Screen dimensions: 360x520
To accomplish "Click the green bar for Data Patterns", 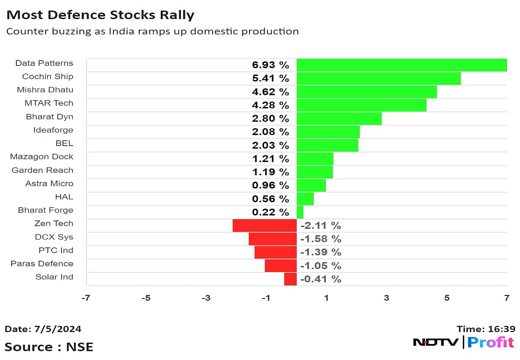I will pos(401,65).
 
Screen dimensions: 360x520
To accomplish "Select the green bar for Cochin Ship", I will pos(378,78).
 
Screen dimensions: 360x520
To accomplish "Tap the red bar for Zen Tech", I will pos(264,225).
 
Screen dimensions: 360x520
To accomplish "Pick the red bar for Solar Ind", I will pos(290,279).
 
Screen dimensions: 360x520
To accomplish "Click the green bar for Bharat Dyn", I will pos(339,119).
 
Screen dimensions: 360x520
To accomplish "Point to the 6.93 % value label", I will pos(270,65).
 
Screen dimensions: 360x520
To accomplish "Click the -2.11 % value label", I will pos(320,225).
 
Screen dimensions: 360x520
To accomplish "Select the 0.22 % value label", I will pos(270,212).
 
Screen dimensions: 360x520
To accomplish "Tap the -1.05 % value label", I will pos(320,266).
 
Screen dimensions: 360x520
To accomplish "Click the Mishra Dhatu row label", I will pos(45,90).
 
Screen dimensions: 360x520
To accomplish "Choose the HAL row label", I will pos(64,197).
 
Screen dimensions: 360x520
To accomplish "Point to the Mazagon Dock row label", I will pos(42,156).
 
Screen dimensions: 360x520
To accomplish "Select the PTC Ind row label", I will pos(56,250).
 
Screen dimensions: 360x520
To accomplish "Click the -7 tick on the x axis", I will pos(87,298).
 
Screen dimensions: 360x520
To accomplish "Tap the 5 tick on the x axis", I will pos(446,298).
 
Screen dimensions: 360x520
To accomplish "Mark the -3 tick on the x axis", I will pos(206,298).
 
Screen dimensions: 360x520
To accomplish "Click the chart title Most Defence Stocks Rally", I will pos(100,15).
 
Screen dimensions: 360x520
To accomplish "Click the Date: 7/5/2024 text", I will pos(43,329).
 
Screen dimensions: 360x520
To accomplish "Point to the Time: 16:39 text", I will pos(486,329).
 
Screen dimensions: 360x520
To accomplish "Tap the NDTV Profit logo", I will pos(463,342).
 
